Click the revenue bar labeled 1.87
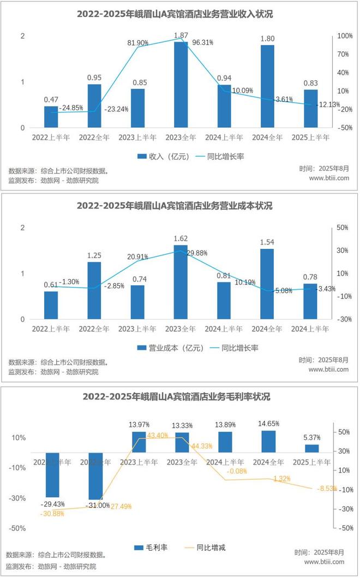[x=181, y=85]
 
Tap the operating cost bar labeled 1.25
[x=94, y=290]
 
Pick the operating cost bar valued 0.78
[x=310, y=301]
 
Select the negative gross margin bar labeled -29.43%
[x=52, y=474]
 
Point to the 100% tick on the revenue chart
[x=345, y=36]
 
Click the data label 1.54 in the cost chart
[x=267, y=241]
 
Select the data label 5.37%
[x=311, y=437]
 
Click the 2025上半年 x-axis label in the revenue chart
[x=311, y=138]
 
